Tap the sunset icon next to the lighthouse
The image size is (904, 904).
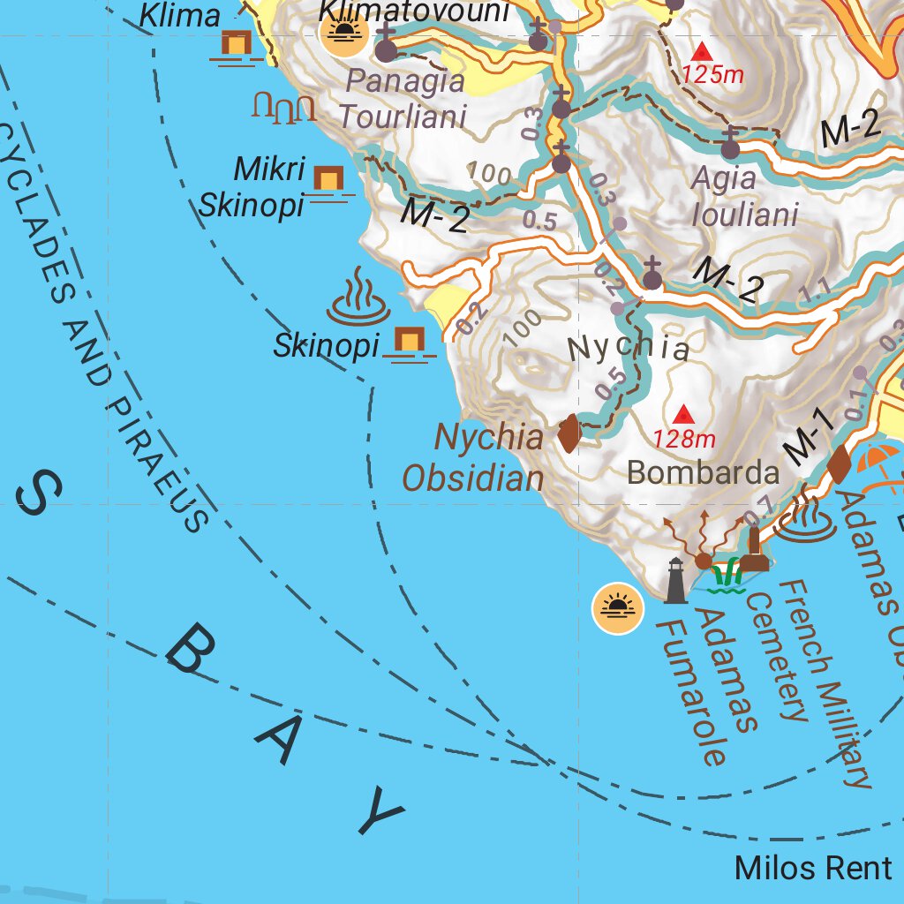[x=617, y=609]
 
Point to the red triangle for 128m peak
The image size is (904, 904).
[x=683, y=413]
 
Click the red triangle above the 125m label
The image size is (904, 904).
[x=702, y=51]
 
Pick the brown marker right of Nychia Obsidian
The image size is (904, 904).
[x=569, y=434]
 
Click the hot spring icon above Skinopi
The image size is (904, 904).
[x=358, y=298]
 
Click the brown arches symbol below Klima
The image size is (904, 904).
[x=284, y=106]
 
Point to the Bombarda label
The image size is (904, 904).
[x=703, y=472]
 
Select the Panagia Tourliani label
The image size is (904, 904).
[x=403, y=98]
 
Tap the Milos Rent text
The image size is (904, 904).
[x=812, y=868]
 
